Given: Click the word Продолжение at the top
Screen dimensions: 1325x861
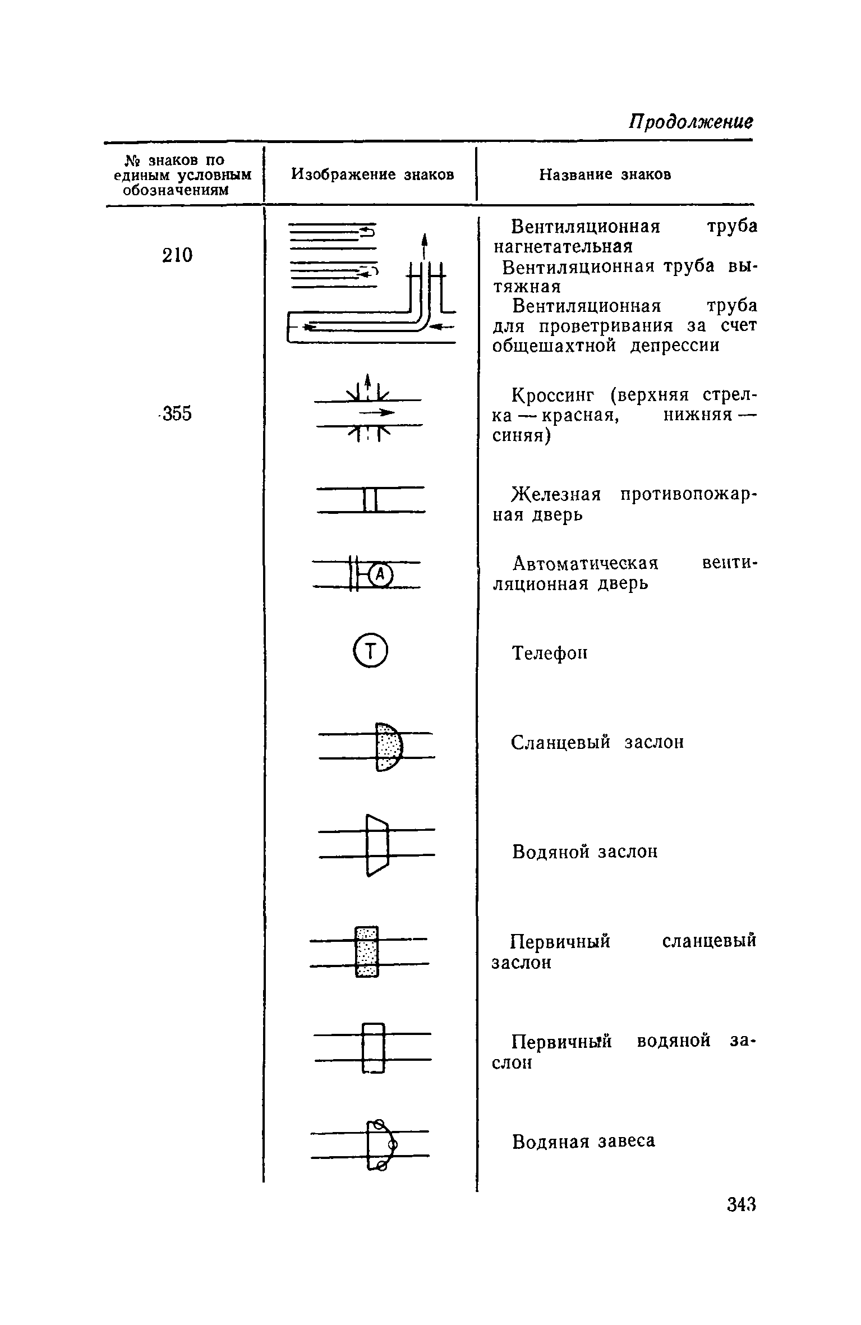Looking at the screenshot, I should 690,122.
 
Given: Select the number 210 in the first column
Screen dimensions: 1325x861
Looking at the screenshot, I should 177,255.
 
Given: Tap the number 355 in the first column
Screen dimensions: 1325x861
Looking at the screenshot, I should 177,414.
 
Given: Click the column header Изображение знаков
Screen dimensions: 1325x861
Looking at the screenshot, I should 372,174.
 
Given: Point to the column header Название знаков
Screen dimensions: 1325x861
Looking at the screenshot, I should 605,174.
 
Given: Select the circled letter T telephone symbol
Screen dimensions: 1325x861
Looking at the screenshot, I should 371,651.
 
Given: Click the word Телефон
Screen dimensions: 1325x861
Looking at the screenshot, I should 550,653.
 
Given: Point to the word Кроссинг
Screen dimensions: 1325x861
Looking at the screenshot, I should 553,395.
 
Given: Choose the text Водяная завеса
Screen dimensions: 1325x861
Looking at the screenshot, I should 583,1142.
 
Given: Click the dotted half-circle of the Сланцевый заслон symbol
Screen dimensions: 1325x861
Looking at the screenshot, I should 388,747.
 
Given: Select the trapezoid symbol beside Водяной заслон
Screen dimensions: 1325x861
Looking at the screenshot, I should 377,845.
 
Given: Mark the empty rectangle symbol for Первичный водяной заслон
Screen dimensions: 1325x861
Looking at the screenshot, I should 374,1047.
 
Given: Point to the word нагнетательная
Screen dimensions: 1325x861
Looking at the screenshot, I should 563,247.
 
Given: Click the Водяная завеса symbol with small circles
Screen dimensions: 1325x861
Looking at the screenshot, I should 380,1145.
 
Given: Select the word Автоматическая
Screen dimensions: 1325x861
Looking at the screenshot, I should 586,563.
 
